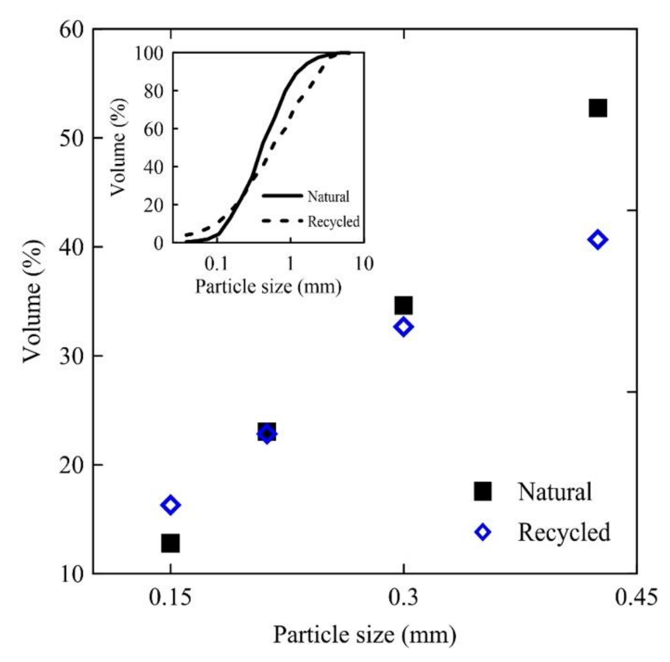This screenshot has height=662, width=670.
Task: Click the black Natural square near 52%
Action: (x=598, y=108)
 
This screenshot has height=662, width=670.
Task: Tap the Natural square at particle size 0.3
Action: (x=403, y=305)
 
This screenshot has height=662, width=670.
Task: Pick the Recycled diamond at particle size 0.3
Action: (x=403, y=327)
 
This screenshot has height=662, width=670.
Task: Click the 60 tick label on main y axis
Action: (x=72, y=30)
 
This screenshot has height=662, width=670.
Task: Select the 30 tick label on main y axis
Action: (x=72, y=356)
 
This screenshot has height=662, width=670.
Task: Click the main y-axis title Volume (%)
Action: (x=34, y=301)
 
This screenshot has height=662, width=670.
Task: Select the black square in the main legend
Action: (x=482, y=491)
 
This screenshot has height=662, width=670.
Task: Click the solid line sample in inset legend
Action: (x=282, y=196)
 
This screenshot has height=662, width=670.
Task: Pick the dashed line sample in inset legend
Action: (x=282, y=221)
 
